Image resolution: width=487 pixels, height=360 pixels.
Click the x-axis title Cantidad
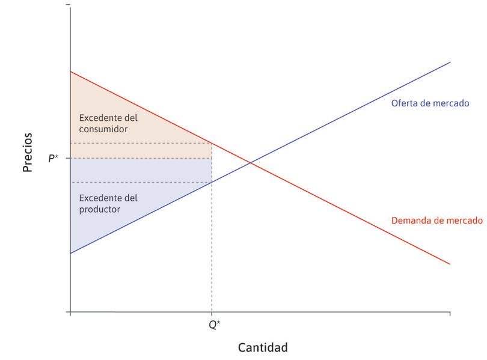(263, 347)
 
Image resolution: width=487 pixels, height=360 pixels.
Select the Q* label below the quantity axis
(213, 324)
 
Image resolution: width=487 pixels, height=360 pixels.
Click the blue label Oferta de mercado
(430, 103)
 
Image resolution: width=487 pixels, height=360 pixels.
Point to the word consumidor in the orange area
(103, 129)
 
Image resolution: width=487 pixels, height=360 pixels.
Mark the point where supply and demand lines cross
(251, 163)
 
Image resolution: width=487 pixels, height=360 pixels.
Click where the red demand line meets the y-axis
(71, 72)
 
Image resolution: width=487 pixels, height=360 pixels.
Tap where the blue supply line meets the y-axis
(71, 253)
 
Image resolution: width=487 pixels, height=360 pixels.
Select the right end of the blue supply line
(450, 62)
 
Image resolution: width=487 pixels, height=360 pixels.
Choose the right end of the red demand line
(450, 264)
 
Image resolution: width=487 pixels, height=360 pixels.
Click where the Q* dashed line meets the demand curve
(212, 143)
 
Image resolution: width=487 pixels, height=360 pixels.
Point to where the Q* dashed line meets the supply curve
(212, 182)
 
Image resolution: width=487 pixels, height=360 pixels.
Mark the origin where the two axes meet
(71, 313)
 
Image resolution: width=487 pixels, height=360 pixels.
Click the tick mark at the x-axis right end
(450, 314)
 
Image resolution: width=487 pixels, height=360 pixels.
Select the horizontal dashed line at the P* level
(141, 158)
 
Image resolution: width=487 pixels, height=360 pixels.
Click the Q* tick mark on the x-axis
(212, 314)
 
